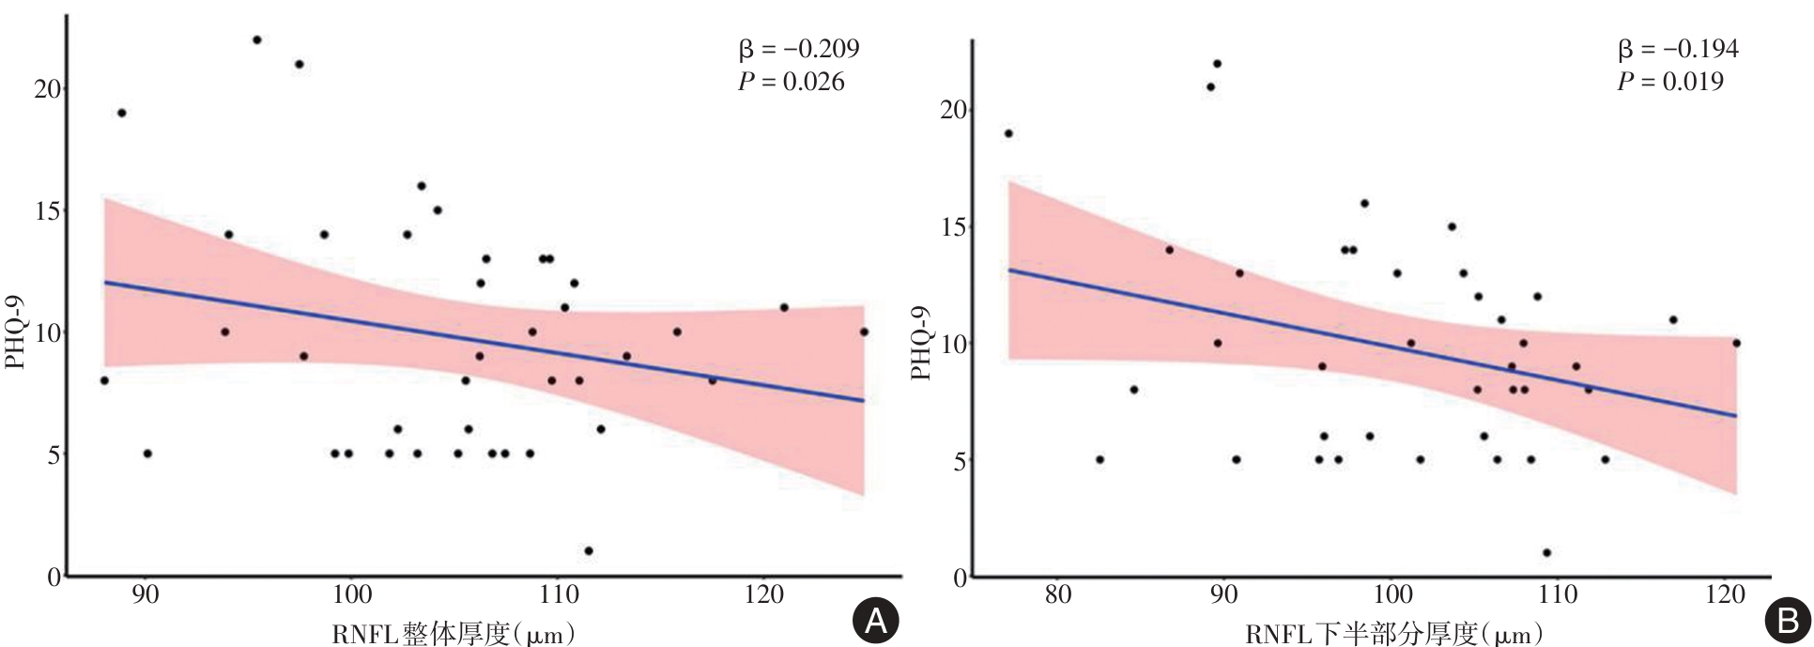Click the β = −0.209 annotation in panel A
click(x=798, y=49)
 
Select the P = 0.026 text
click(x=791, y=83)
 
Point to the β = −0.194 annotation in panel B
click(x=1677, y=49)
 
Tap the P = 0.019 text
click(x=1669, y=83)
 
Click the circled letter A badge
click(x=875, y=619)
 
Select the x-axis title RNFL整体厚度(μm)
click(x=453, y=634)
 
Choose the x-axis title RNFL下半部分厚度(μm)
click(x=1393, y=634)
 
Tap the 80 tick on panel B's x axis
click(x=1058, y=595)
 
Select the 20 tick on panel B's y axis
click(x=954, y=111)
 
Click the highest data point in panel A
click(x=257, y=39)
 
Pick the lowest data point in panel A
click(x=589, y=550)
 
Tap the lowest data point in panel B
click(x=1546, y=552)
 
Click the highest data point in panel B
click(x=1217, y=64)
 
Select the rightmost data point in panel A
click(x=864, y=331)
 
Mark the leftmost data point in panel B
click(x=1008, y=133)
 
